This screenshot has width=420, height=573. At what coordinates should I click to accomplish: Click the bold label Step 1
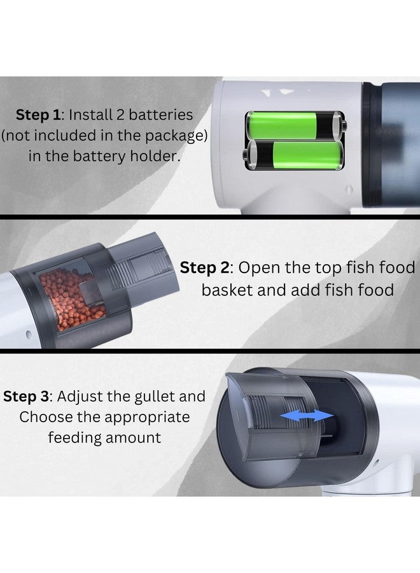(38, 115)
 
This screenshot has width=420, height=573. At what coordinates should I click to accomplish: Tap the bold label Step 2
(204, 267)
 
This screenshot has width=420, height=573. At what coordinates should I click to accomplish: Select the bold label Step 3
(25, 397)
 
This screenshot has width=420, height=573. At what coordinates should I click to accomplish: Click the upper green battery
(295, 125)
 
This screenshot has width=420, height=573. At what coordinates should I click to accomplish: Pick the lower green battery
(294, 155)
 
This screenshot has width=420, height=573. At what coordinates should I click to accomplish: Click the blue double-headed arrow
(307, 416)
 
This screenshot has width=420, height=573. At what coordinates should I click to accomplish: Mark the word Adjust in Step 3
(74, 397)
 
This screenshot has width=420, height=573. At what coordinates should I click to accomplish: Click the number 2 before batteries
(121, 115)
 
